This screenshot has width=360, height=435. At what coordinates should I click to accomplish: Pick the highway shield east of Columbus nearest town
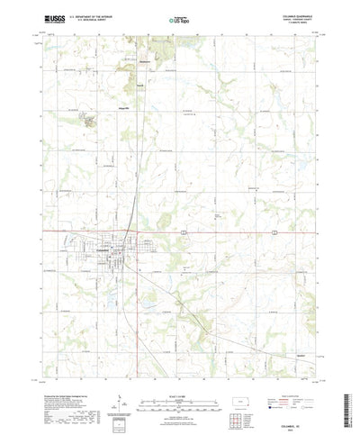coord(184,232)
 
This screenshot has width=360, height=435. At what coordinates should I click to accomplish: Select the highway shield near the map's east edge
coord(273,232)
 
